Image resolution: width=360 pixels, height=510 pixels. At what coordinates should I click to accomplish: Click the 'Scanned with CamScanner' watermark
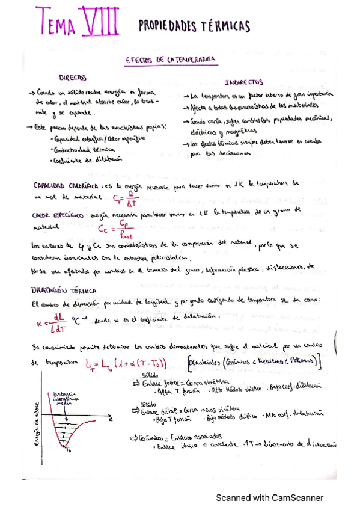tap(269, 498)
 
